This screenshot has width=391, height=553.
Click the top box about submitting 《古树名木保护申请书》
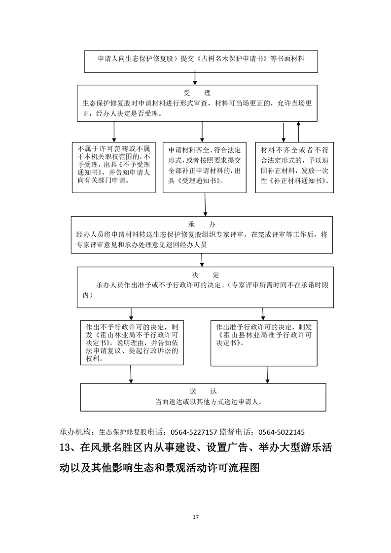pyautogui.click(x=201, y=59)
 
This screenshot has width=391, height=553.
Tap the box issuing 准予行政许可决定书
pyautogui.click(x=263, y=343)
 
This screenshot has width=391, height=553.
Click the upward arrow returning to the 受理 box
pyautogui.click(x=298, y=132)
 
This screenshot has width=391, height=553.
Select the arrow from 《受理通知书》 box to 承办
pyautogui.click(x=205, y=205)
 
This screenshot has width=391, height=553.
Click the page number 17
pyautogui.click(x=196, y=517)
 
